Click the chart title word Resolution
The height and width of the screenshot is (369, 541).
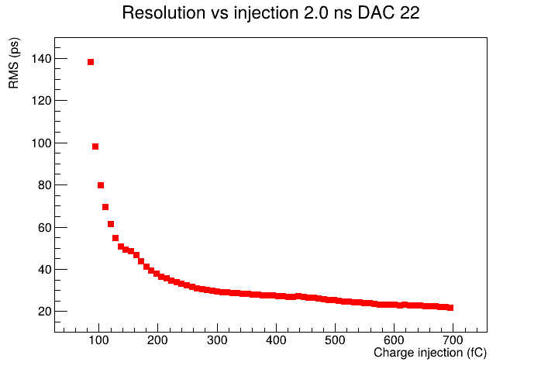164,12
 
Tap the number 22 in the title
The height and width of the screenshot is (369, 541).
409,12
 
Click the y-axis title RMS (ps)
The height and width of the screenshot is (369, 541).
14,63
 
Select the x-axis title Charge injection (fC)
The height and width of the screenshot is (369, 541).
430,353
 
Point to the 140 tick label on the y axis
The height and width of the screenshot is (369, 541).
41,59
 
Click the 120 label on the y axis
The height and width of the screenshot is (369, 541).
41,101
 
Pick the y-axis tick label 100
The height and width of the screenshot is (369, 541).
41,143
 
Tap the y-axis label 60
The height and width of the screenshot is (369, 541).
44,227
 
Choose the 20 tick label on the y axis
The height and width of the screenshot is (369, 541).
44,312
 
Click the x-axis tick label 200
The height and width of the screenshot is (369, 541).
157,340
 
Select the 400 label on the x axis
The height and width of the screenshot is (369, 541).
276,340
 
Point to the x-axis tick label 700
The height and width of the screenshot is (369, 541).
453,340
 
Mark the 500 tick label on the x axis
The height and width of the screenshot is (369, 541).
335,340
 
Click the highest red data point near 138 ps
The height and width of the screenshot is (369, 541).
91,62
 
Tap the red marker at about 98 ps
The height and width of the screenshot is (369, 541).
95,147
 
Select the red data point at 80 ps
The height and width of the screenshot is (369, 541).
101,185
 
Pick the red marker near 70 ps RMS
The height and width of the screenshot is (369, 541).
105,207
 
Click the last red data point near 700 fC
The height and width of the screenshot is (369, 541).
450,308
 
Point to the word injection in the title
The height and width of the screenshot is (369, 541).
266,12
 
